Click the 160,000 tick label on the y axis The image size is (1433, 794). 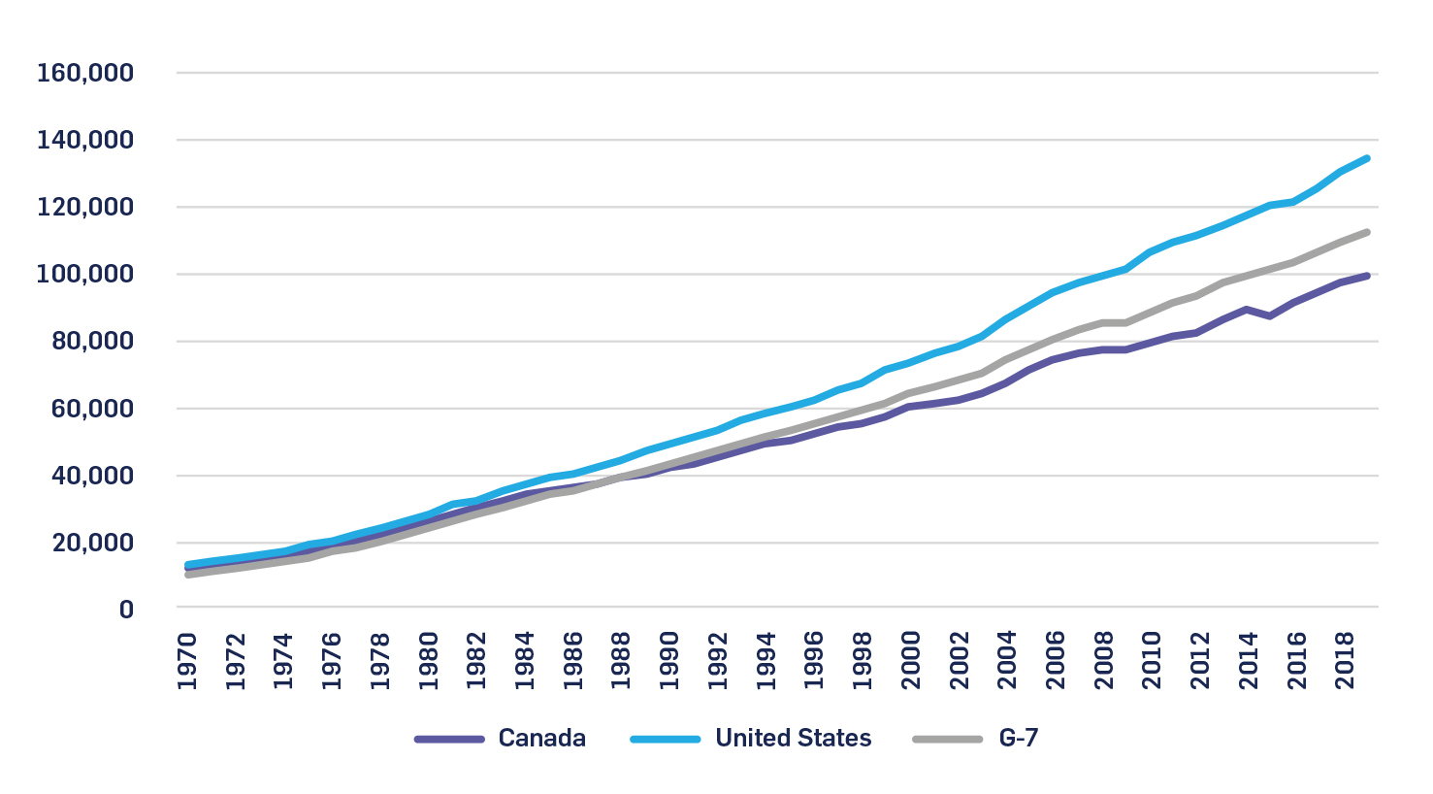tap(84, 74)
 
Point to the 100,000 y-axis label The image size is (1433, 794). tap(84, 275)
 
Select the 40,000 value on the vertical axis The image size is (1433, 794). tap(92, 476)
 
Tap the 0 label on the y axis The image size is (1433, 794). tap(126, 610)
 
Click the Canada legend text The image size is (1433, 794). tap(541, 739)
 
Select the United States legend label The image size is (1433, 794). tap(793, 739)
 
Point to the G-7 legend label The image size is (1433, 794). tap(1019, 739)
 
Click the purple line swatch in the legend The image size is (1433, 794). tap(449, 740)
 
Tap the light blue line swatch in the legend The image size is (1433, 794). tap(666, 740)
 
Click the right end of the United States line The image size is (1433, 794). tap(1367, 158)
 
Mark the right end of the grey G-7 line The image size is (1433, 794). tap(1367, 232)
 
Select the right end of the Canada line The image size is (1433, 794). tap(1367, 276)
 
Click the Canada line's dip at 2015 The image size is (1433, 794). tap(1270, 315)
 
